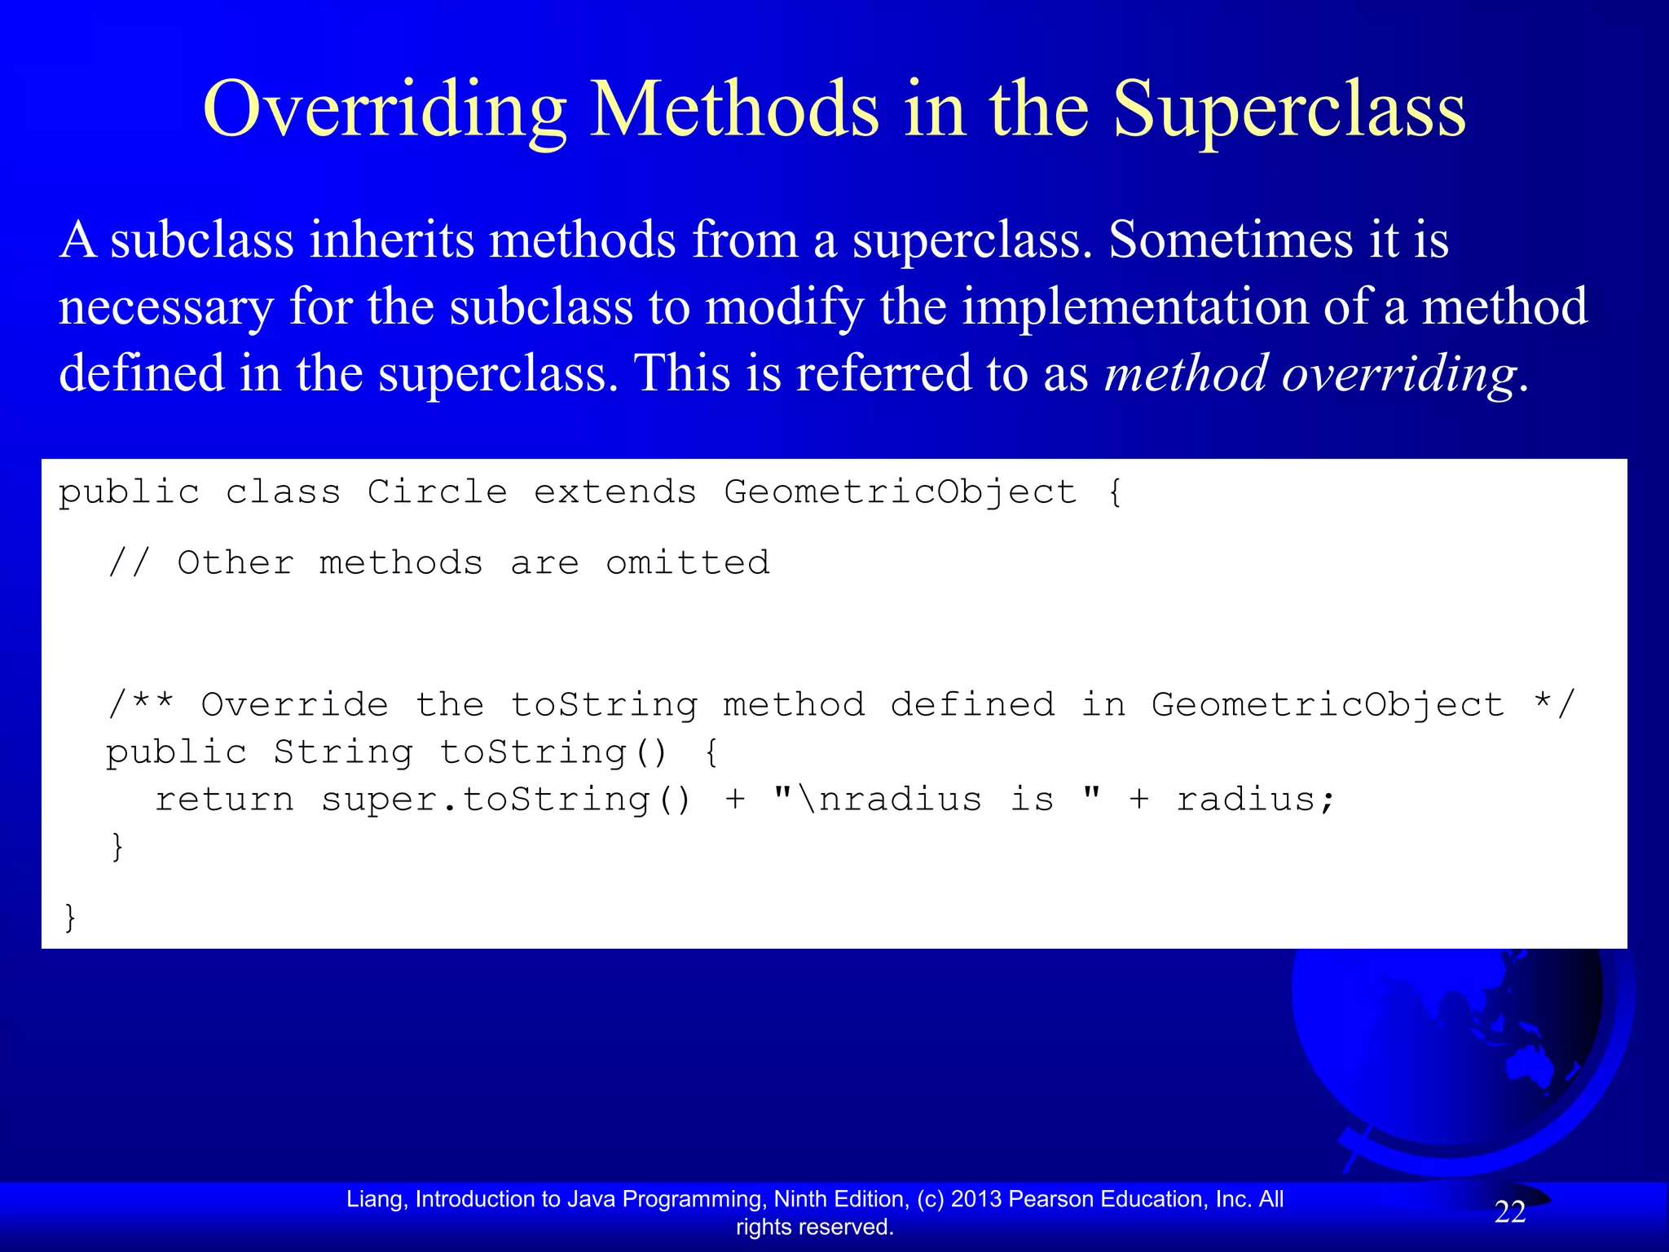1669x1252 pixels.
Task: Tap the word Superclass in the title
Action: click(x=1289, y=110)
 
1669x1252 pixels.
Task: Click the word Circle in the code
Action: click(x=438, y=492)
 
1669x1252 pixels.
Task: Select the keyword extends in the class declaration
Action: click(x=615, y=492)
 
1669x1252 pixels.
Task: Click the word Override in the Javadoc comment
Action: click(x=295, y=704)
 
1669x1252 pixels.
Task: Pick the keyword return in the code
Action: click(x=224, y=799)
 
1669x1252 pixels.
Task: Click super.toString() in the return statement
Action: click(x=506, y=799)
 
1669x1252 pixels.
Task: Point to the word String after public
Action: click(x=343, y=752)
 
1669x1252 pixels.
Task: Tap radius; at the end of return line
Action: click(x=1255, y=799)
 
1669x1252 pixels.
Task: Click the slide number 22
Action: click(x=1509, y=1212)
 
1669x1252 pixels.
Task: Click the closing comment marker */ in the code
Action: click(x=1554, y=704)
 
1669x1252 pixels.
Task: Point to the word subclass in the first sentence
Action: click(x=202, y=240)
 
